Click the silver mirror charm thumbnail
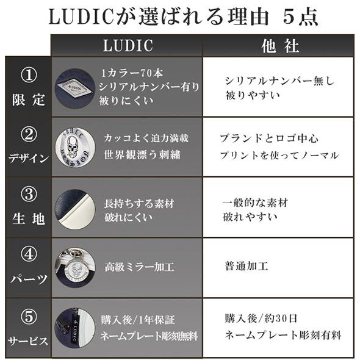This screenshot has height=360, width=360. pyautogui.click(x=74, y=266)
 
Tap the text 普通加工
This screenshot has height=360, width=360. pyautogui.click(x=247, y=267)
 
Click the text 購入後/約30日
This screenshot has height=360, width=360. pyautogui.click(x=261, y=319)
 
